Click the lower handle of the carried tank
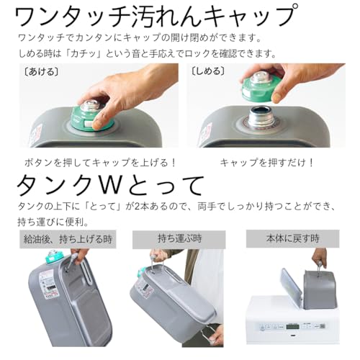coord(210,333)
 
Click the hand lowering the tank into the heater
coord(318,257)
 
